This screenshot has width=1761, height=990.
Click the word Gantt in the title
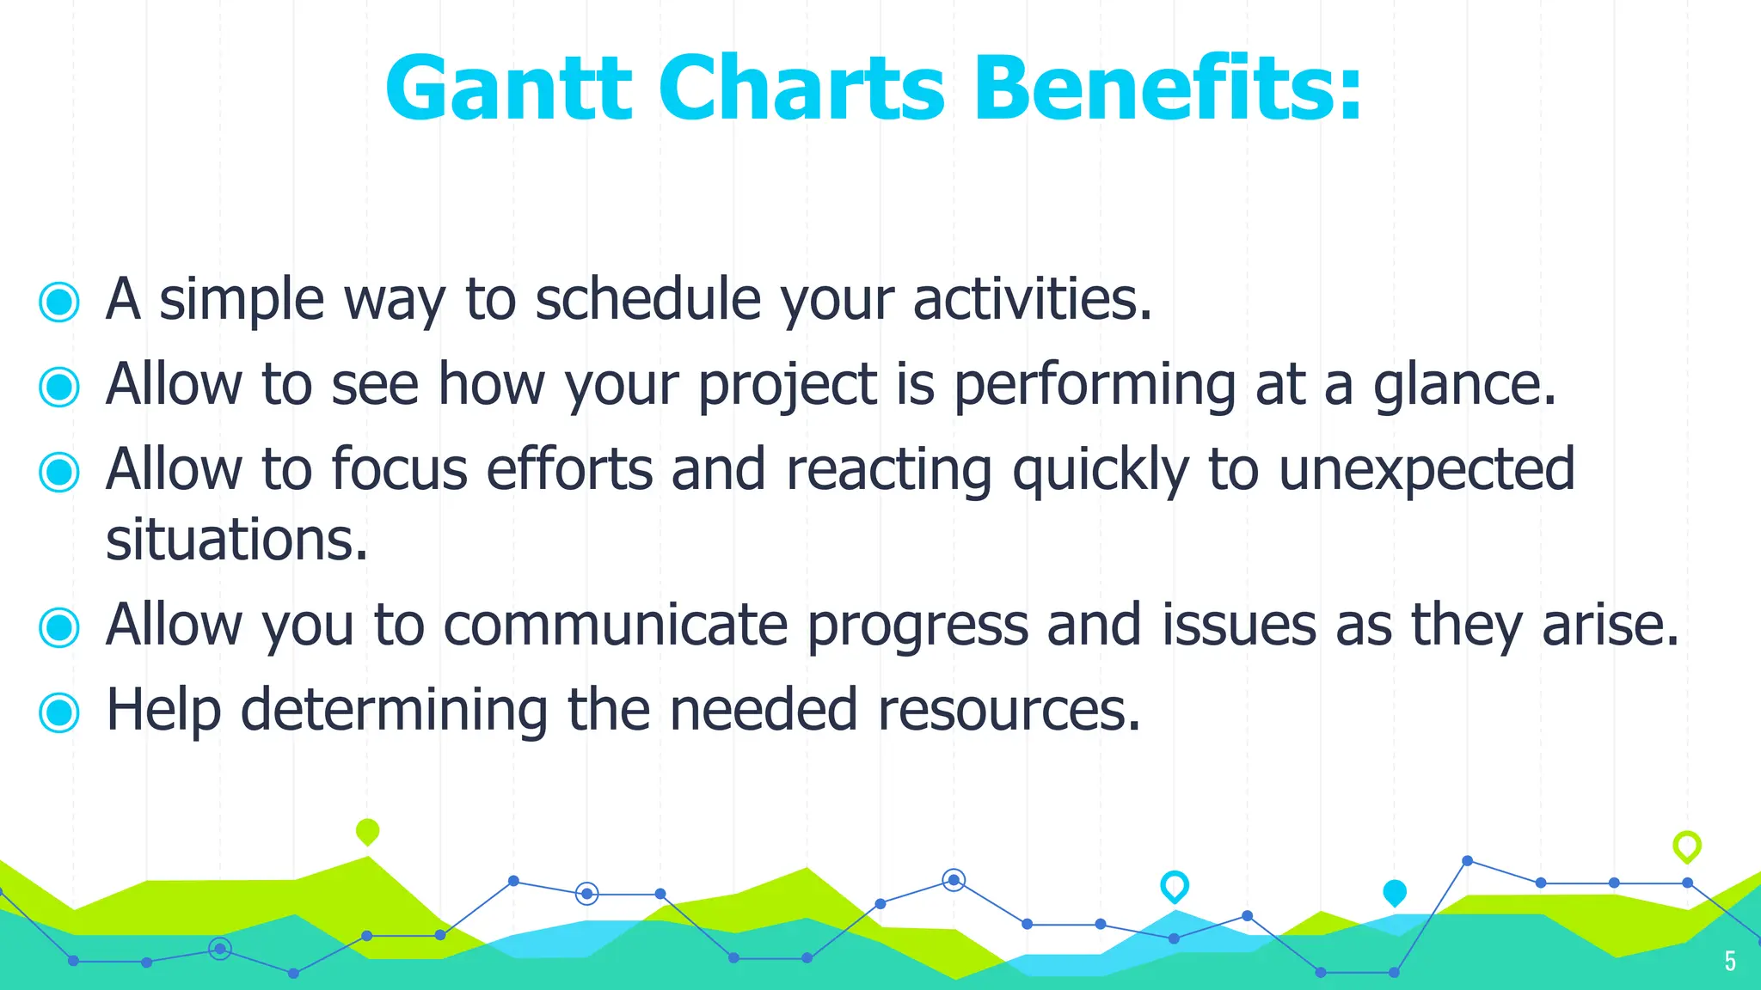[508, 89]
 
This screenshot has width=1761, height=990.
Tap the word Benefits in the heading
[1168, 89]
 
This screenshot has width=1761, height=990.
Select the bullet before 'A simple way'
[59, 302]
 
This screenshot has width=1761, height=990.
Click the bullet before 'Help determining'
[59, 712]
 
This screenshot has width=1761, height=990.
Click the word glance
[1464, 386]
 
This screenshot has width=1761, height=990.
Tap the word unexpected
[1427, 471]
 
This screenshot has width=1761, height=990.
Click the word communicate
[616, 626]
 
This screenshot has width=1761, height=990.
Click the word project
[787, 386]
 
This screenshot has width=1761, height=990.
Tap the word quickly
[1101, 471]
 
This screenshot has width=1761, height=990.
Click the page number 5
[1730, 961]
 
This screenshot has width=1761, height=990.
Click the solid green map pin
[367, 831]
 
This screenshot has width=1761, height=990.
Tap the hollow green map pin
[1686, 846]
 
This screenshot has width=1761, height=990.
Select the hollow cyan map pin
[1174, 885]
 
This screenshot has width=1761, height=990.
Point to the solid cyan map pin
[1394, 893]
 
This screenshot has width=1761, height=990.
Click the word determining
[394, 711]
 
